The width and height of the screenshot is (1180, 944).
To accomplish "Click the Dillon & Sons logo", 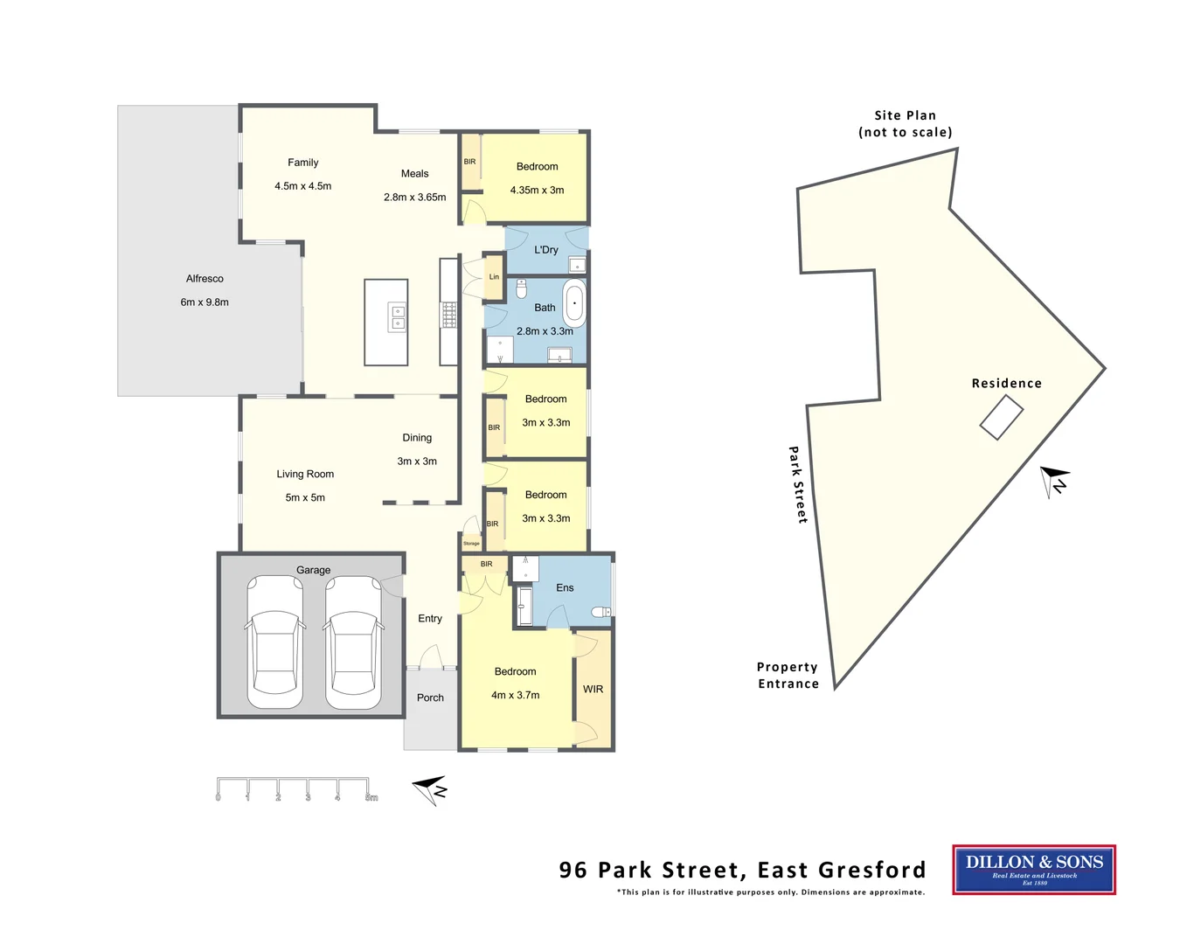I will click(1034, 869).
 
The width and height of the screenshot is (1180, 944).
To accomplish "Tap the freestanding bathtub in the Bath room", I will click(574, 304).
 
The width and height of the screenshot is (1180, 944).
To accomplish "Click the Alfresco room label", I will click(205, 279).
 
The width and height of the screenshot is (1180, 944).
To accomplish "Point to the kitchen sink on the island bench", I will click(397, 317).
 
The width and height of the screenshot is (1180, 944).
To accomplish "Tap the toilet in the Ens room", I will click(601, 612).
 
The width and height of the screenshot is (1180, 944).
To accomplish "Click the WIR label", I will click(593, 689).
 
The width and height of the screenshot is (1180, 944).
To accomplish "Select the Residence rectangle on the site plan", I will click(1001, 417).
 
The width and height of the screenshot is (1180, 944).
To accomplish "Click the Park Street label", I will click(797, 484).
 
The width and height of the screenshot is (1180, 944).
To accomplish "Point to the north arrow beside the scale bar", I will click(430, 789).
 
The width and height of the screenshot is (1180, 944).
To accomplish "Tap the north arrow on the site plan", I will click(1055, 480).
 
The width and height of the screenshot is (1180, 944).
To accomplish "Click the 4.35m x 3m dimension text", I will click(537, 190).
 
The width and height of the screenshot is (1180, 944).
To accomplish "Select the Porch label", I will click(430, 698).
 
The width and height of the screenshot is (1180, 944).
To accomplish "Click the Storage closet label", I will click(471, 544).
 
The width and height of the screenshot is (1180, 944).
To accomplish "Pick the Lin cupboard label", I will click(494, 277).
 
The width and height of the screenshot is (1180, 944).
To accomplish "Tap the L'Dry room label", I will click(546, 250).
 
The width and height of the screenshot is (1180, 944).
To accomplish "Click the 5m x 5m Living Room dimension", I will click(305, 497).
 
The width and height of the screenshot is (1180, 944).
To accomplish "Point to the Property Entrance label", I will click(788, 675).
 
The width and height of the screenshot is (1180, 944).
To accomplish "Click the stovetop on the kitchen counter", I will click(448, 315).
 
